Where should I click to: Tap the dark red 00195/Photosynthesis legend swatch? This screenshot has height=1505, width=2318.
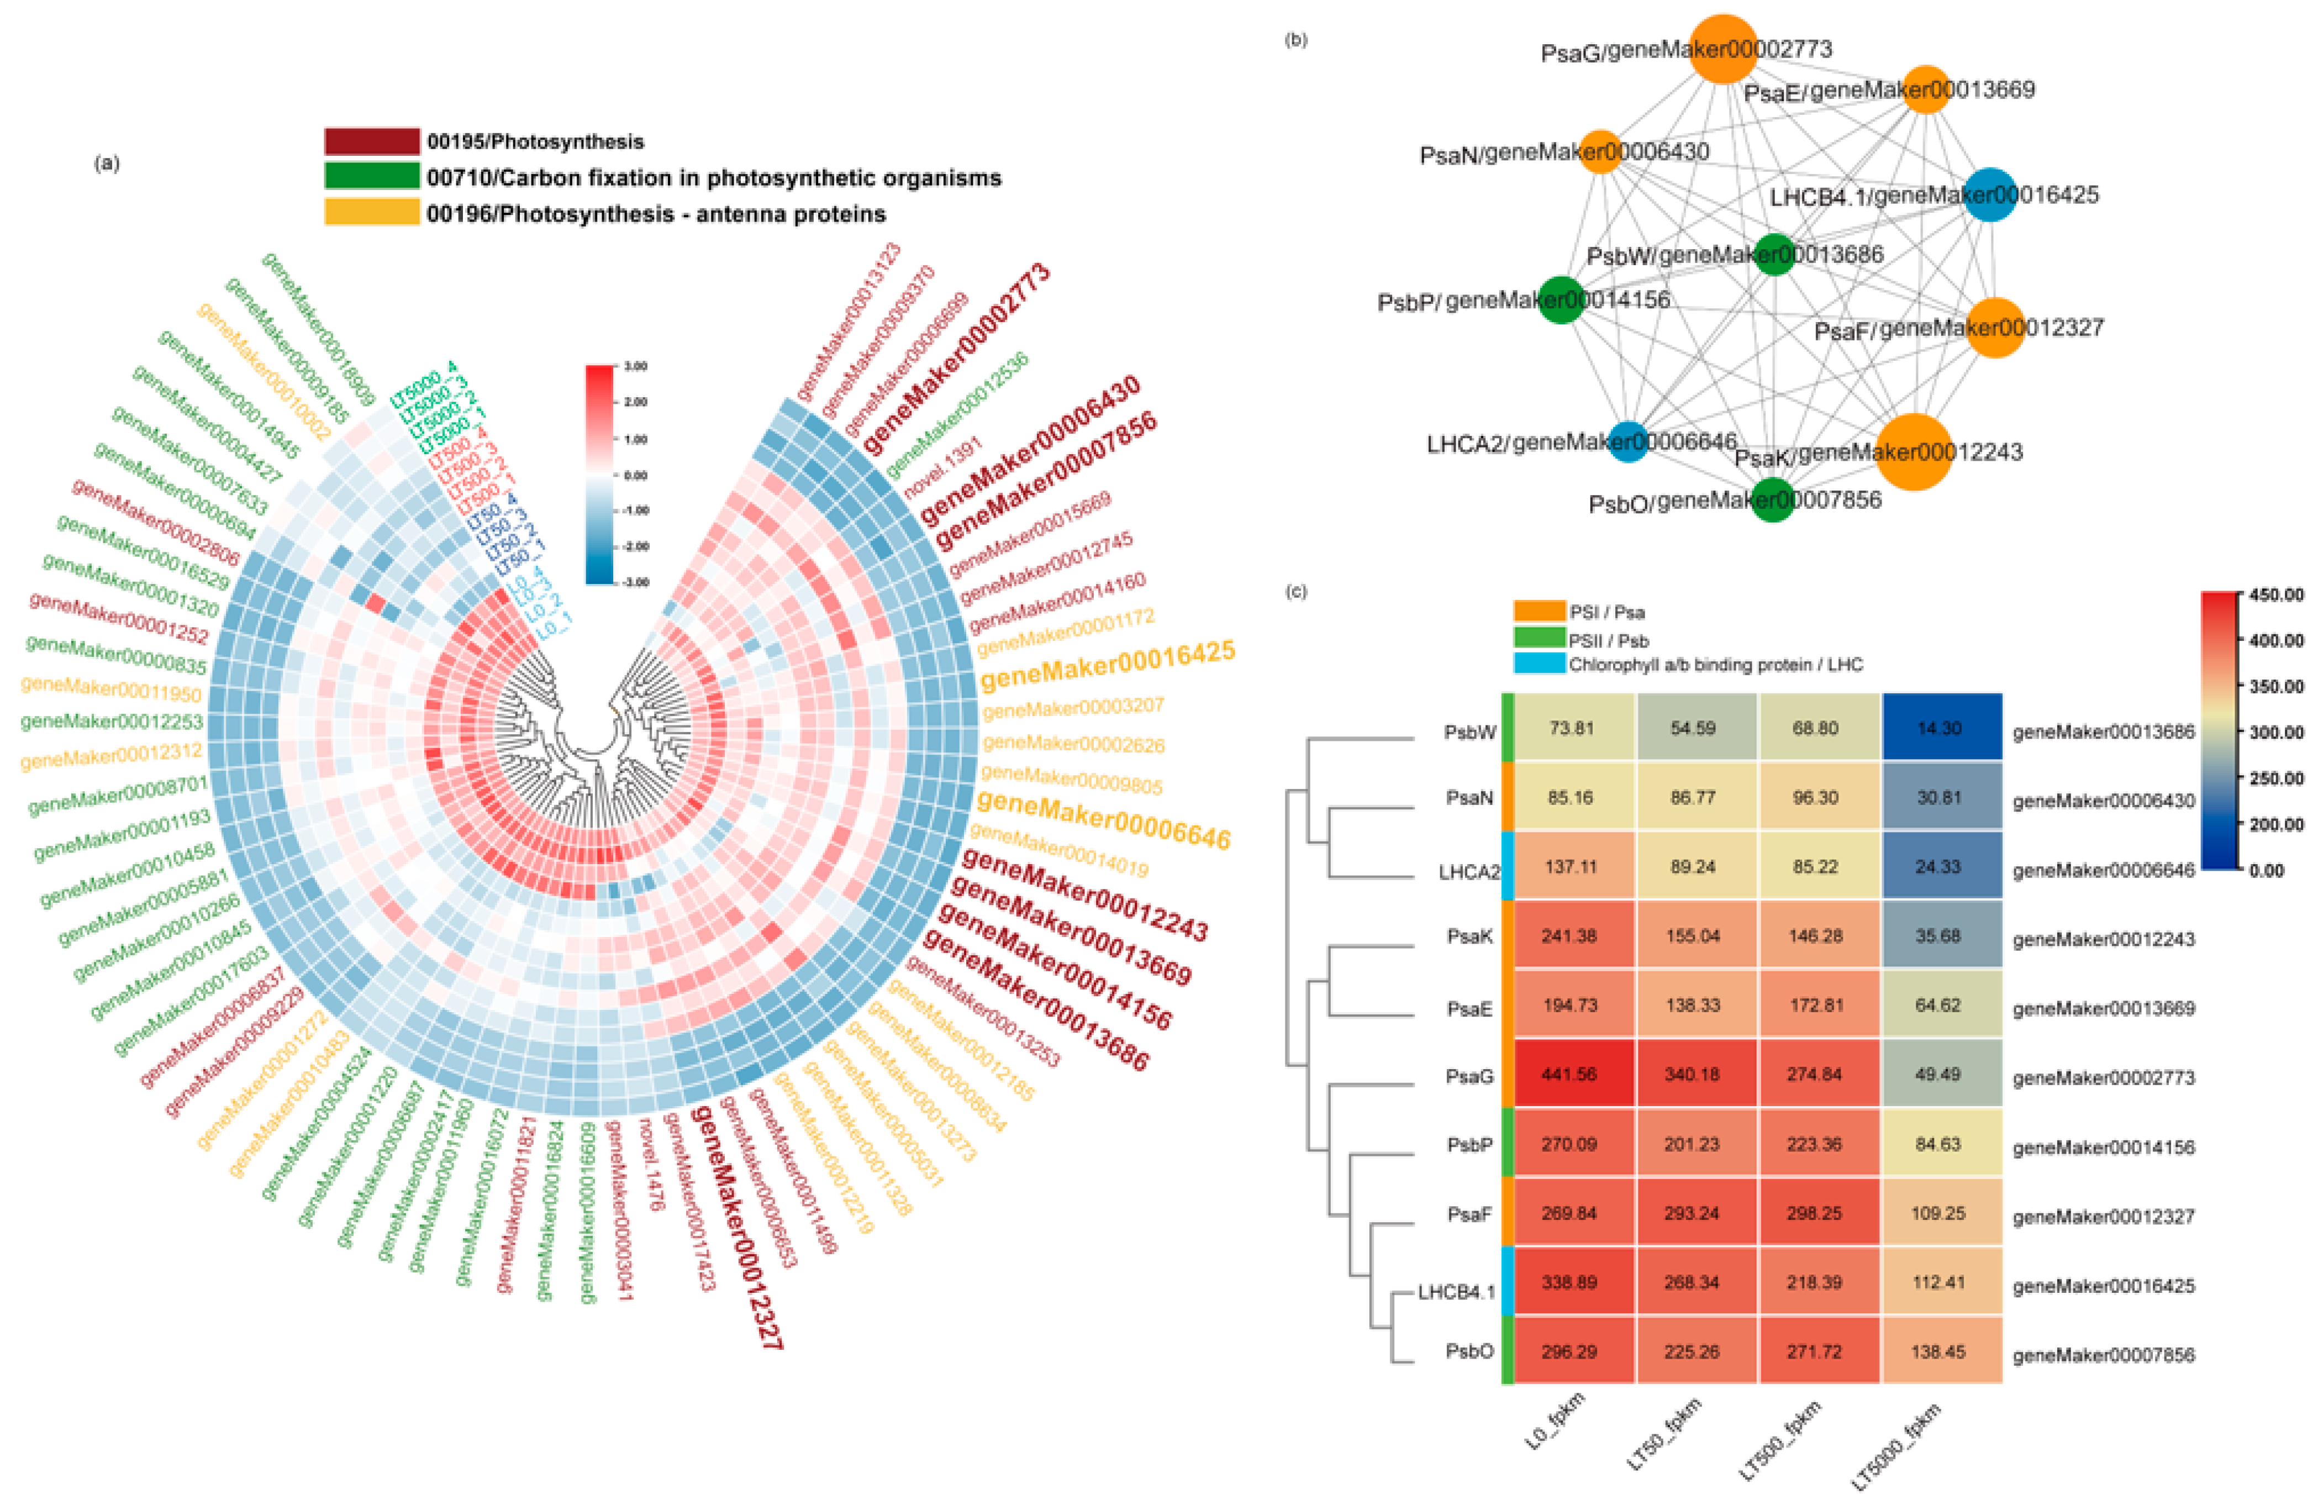click(371, 141)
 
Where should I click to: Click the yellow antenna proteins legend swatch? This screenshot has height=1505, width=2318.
click(371, 212)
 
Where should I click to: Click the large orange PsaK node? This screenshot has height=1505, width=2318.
click(1913, 451)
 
